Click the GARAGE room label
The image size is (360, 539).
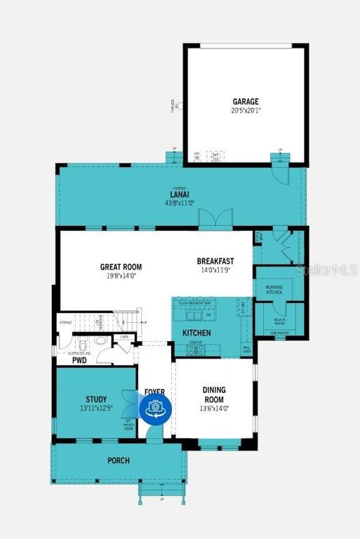[246, 101]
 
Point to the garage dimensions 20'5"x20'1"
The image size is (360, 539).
[246, 110]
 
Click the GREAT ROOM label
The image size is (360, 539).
[121, 267]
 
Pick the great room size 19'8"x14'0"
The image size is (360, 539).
[121, 276]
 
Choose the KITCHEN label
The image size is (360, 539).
[196, 332]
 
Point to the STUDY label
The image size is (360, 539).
[96, 399]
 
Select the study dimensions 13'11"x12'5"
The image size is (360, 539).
[96, 408]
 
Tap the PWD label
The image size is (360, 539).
[79, 360]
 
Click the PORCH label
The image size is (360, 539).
[118, 461]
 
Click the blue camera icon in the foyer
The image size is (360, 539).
[154, 408]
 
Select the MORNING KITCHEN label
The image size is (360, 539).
[274, 289]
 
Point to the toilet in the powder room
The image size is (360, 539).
[84, 345]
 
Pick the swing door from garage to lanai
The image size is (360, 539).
[281, 168]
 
